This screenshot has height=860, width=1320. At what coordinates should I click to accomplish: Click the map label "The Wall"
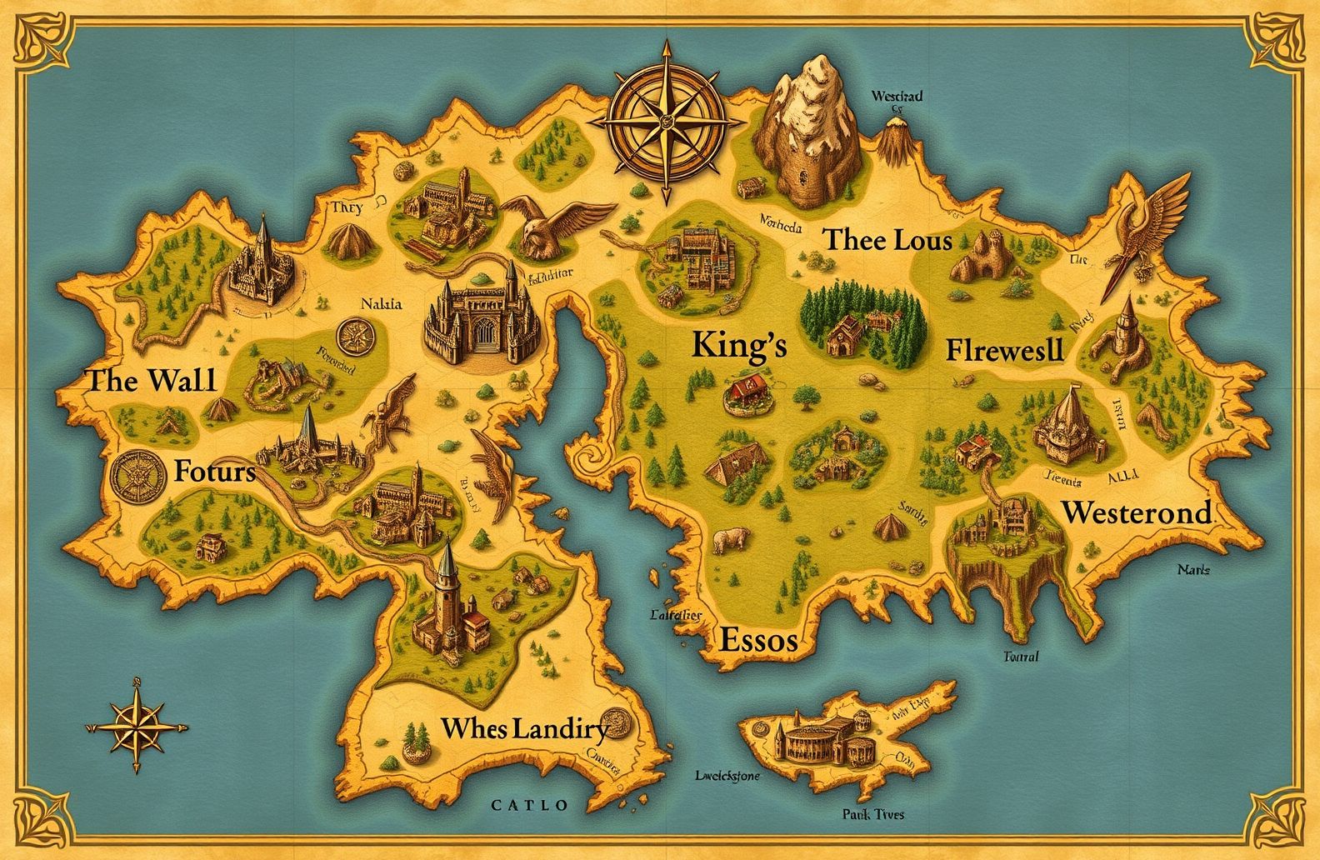tap(151, 381)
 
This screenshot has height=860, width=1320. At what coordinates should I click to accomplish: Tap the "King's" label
tap(739, 345)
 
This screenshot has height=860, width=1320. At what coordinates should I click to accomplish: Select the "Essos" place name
tap(757, 640)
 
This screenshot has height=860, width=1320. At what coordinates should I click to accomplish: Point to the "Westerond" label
tap(1137, 512)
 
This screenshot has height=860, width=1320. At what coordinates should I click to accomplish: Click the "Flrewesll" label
tap(1005, 350)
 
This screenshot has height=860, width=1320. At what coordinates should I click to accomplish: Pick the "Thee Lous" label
tap(887, 241)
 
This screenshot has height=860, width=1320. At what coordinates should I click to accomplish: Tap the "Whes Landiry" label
tap(524, 728)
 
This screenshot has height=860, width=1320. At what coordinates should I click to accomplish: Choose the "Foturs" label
tap(215, 472)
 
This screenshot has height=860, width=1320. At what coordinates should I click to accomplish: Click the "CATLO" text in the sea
tap(530, 805)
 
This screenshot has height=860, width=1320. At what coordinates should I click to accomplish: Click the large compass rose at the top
tap(666, 122)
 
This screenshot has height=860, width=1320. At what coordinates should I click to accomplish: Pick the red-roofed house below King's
tap(747, 391)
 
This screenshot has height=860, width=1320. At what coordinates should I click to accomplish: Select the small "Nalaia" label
tap(382, 304)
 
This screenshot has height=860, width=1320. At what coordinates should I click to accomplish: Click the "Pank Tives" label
tap(872, 814)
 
